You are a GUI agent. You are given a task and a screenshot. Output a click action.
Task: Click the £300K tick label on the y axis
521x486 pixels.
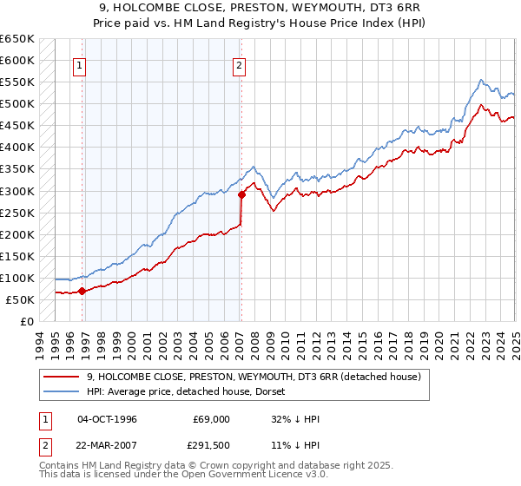click(x=16, y=191)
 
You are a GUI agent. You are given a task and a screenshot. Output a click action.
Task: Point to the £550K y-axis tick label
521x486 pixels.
click(x=16, y=82)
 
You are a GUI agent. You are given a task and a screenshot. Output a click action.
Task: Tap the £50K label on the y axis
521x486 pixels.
click(x=20, y=299)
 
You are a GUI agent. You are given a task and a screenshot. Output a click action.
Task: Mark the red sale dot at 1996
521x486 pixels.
click(x=82, y=291)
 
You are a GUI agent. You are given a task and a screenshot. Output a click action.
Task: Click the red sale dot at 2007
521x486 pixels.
click(x=241, y=194)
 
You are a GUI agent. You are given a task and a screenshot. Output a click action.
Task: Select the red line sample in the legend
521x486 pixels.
click(x=62, y=377)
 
